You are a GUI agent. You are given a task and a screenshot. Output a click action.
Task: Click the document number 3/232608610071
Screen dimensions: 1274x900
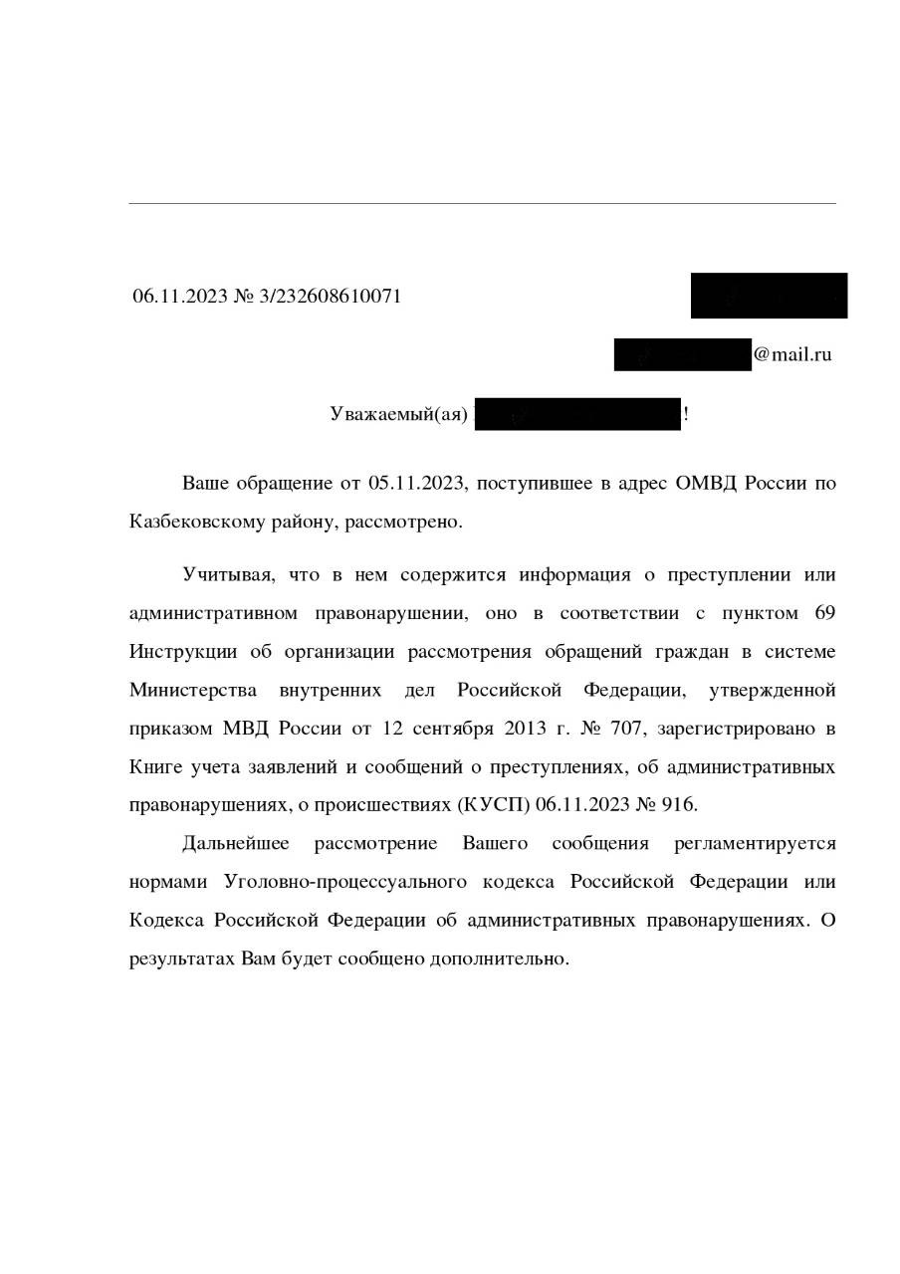coord(330,296)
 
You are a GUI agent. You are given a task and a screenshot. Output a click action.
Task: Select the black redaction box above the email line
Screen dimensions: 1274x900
coord(769,296)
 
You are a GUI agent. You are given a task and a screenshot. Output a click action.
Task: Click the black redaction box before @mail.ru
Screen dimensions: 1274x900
coord(682,354)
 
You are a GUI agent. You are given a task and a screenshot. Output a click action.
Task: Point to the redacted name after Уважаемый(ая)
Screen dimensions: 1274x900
coord(577,414)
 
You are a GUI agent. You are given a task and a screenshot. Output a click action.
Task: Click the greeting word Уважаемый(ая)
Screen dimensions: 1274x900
coord(398,414)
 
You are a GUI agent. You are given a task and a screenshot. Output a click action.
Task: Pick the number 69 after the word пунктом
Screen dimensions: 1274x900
coord(824,613)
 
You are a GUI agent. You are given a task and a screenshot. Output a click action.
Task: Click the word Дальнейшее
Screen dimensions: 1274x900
coord(236,844)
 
